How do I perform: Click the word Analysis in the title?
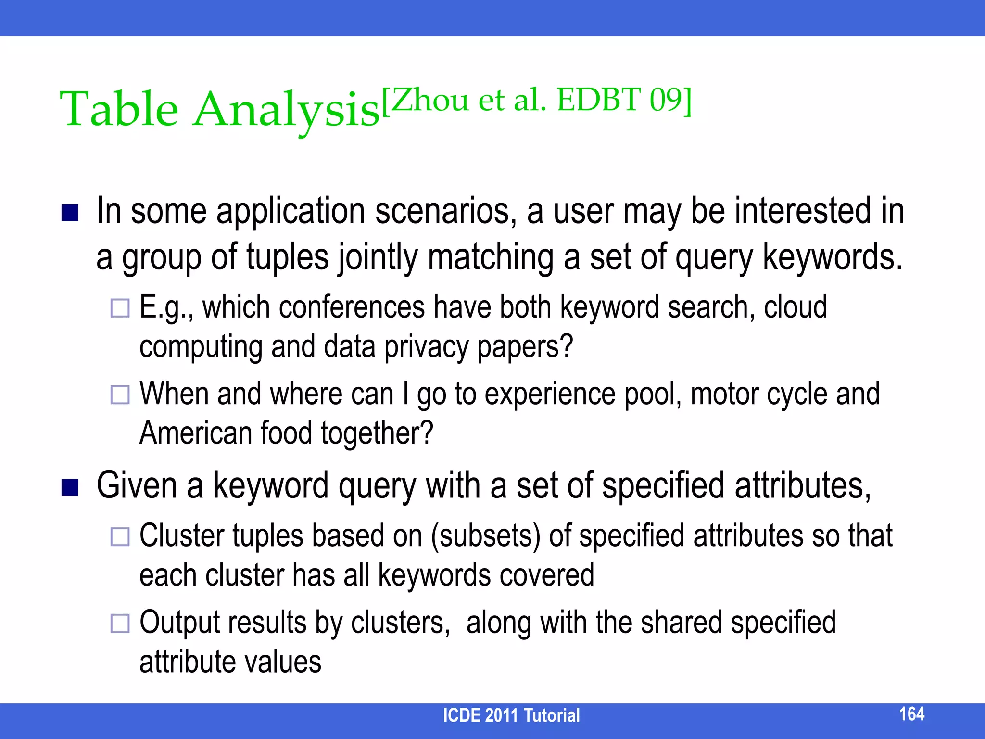point(286,111)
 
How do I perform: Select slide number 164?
point(911,714)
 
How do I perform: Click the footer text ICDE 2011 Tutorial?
point(511,715)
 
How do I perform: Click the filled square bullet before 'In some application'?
point(70,213)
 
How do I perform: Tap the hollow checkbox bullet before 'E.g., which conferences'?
point(120,308)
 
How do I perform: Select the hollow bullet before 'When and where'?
point(120,395)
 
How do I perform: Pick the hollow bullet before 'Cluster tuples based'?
point(120,536)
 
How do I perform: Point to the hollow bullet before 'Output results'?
point(120,623)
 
